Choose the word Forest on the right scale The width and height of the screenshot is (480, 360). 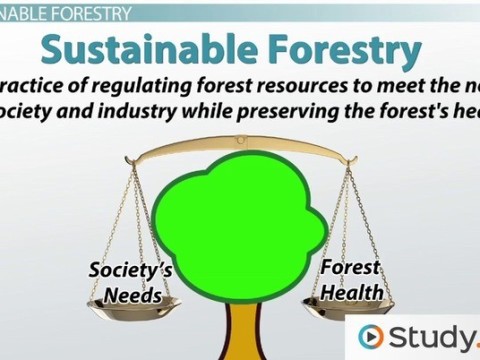(350, 268)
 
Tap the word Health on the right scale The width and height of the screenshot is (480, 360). (352, 292)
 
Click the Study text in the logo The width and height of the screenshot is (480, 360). (430, 337)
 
